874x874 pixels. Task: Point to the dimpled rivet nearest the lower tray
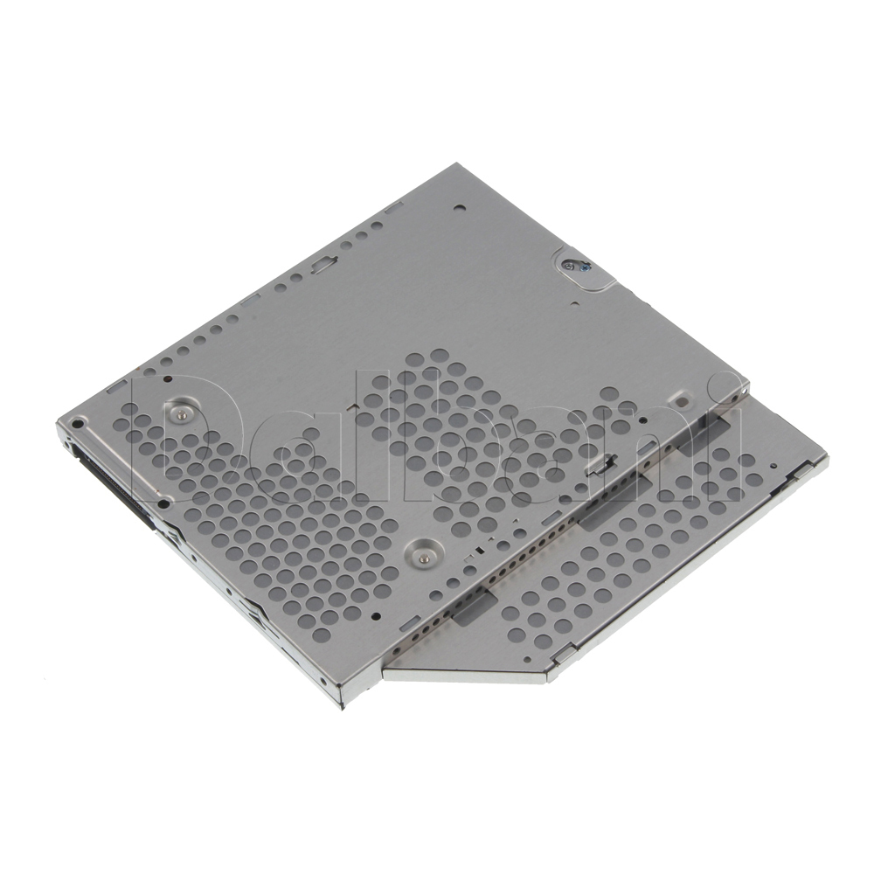click(x=422, y=550)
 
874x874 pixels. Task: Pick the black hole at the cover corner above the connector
click(x=78, y=424)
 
